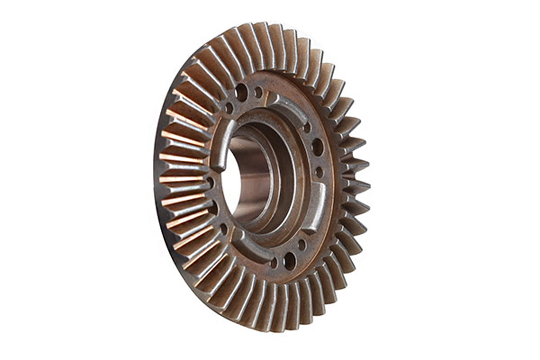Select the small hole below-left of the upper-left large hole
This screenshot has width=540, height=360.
(x=229, y=107)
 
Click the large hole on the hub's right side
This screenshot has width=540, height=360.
(x=318, y=147)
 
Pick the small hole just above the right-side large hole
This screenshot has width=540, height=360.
(x=308, y=127)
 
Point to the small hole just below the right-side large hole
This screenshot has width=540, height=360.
(x=319, y=172)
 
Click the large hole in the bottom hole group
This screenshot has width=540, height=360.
(x=289, y=261)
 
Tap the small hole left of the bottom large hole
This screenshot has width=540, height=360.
(x=274, y=263)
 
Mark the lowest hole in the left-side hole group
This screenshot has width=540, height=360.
(x=224, y=229)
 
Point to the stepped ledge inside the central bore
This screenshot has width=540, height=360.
(x=281, y=178)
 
